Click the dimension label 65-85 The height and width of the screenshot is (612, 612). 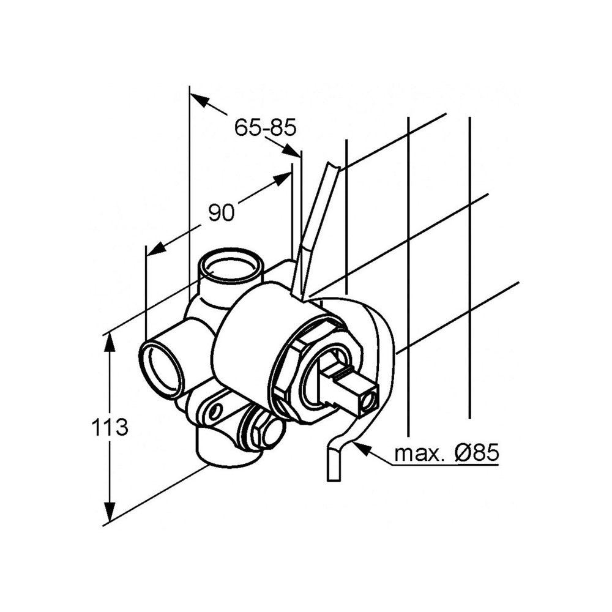click(x=266, y=127)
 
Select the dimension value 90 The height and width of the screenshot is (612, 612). click(x=222, y=213)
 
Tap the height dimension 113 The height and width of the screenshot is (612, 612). click(x=110, y=427)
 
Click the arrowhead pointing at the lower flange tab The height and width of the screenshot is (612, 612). click(x=361, y=449)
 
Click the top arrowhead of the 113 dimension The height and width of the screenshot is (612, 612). click(x=110, y=343)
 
